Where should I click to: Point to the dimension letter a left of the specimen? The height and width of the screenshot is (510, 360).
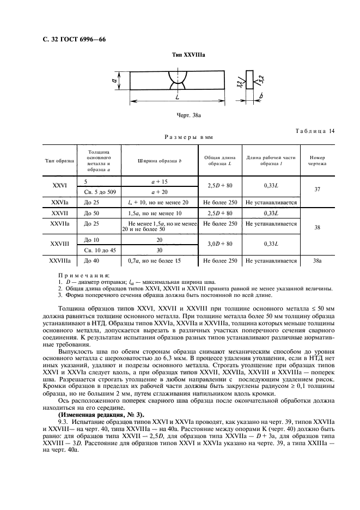[115, 80]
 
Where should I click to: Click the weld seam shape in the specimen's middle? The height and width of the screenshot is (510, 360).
[178, 80]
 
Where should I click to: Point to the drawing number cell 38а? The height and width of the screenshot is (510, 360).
[317, 261]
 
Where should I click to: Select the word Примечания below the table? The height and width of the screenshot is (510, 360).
[83, 276]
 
